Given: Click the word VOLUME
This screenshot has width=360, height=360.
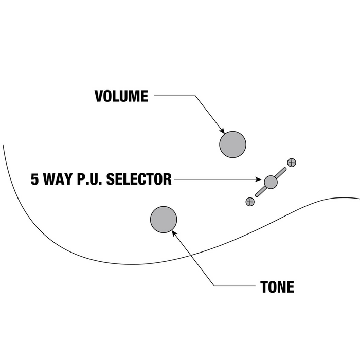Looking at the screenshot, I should pyautogui.click(x=121, y=96).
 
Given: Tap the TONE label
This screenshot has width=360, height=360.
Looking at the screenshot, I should pyautogui.click(x=277, y=287).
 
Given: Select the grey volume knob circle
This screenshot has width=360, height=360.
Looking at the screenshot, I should pyautogui.click(x=232, y=144).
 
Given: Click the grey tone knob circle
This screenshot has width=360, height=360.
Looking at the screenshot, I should pyautogui.click(x=164, y=220).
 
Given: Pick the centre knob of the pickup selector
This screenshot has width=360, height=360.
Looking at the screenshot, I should pyautogui.click(x=271, y=182).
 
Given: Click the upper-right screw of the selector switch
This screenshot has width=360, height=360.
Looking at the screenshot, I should pyautogui.click(x=292, y=163).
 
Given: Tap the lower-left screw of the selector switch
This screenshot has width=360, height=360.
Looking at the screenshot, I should pyautogui.click(x=250, y=201).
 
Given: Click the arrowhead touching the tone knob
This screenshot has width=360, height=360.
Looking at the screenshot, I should pyautogui.click(x=174, y=233).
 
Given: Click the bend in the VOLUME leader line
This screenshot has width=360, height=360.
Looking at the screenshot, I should pyautogui.click(x=195, y=96).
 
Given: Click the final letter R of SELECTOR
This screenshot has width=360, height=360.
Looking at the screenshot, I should pyautogui.click(x=167, y=179).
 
